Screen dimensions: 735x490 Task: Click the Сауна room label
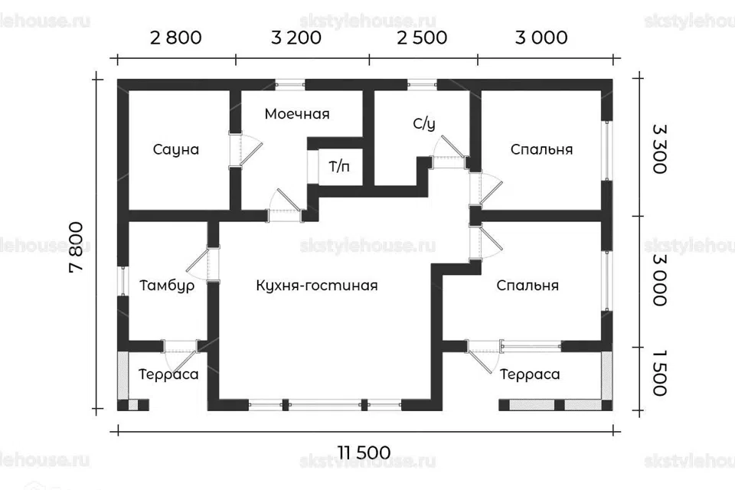(176, 149)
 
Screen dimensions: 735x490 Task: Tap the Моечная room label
(297, 114)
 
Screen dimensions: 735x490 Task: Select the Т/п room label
(339, 166)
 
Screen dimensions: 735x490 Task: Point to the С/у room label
(423, 124)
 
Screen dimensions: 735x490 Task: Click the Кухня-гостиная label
(317, 286)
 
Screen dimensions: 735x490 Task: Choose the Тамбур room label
(167, 286)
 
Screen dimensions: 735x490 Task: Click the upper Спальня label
(541, 149)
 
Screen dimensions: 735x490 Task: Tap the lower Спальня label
(528, 286)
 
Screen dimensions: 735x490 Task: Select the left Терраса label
(168, 374)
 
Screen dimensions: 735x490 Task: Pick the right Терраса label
(530, 374)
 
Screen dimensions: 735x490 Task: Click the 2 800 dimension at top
(176, 38)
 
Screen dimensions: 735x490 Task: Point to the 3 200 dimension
(296, 38)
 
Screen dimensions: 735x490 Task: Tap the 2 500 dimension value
(422, 38)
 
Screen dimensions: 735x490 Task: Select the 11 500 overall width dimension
(364, 453)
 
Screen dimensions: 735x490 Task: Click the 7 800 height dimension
(76, 247)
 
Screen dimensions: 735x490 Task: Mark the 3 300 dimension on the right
(659, 149)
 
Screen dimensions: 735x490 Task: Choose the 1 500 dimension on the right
(659, 373)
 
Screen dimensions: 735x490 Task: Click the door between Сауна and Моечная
(243, 150)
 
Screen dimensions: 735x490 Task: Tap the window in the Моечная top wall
(289, 85)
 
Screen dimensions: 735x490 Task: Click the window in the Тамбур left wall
(122, 281)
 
